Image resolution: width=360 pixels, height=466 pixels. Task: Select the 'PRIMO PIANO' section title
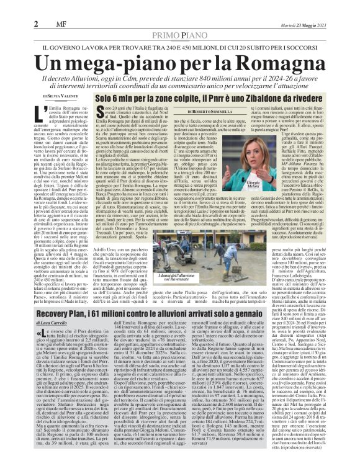click(x=180, y=37)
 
